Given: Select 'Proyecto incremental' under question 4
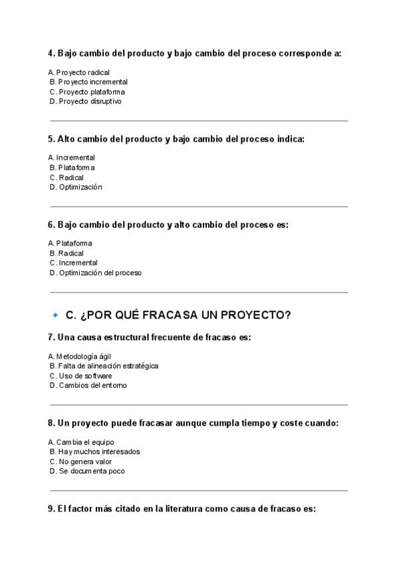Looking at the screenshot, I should point(88,82).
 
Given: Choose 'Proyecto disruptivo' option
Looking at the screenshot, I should point(86,102).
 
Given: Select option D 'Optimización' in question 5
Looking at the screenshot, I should point(76,188).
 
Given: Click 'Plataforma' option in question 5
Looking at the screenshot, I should point(72,168).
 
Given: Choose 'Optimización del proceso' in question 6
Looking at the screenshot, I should point(96,273).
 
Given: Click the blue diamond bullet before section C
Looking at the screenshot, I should point(55,315).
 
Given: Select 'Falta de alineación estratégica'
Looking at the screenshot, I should point(104,366).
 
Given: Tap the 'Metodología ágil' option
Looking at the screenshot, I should point(79,356).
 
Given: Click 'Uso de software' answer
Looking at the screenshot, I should point(80,376).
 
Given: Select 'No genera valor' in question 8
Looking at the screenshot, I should point(80,462).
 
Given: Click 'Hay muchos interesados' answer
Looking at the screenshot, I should point(94,452).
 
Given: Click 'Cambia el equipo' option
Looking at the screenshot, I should point(81,442).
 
